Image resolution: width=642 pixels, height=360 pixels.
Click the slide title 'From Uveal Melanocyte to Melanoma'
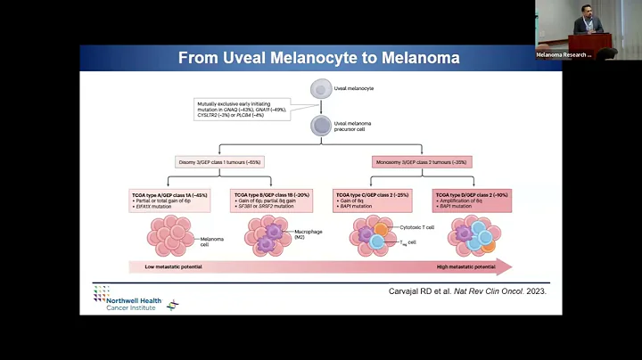[318, 59]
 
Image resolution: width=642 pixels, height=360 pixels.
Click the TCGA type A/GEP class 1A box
[172, 200]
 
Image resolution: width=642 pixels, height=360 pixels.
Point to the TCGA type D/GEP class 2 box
[472, 200]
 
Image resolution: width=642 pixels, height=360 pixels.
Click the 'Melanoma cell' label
[211, 241]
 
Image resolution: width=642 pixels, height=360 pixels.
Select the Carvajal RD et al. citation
[468, 290]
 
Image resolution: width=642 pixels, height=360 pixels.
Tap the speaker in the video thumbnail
[588, 24]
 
